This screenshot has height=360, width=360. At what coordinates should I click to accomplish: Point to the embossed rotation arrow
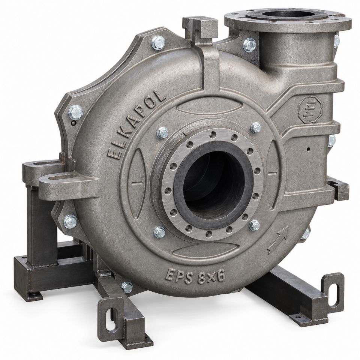(278, 240)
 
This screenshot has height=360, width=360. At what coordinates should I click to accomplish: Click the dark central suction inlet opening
(214, 181)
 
